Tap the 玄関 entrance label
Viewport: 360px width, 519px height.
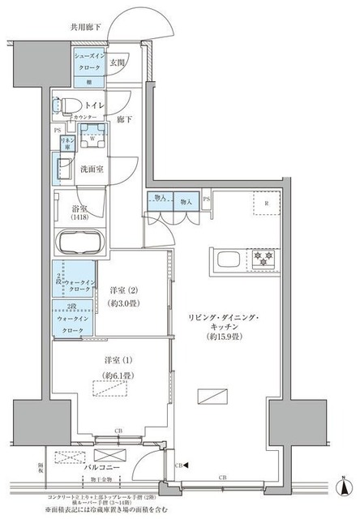point(117,63)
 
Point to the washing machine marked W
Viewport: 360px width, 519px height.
point(93,137)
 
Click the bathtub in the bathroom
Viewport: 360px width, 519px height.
point(79,241)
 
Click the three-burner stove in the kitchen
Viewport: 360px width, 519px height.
point(264,259)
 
